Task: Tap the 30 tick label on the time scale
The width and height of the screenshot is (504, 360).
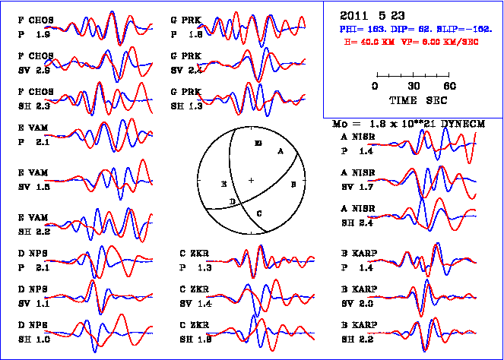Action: coord(414,87)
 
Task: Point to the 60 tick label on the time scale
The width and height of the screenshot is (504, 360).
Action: coord(450,87)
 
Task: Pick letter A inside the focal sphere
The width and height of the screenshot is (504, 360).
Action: coord(281,151)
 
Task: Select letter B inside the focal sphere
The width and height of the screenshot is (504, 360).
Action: coord(293,183)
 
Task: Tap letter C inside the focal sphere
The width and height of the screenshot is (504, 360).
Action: coord(259,213)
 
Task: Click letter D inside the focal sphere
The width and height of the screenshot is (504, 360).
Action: coord(233,201)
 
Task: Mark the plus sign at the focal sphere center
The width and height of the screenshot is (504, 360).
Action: coord(252,180)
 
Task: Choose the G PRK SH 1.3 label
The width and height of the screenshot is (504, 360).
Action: coord(186,99)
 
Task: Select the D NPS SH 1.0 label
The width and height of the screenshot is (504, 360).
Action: coord(33,333)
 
